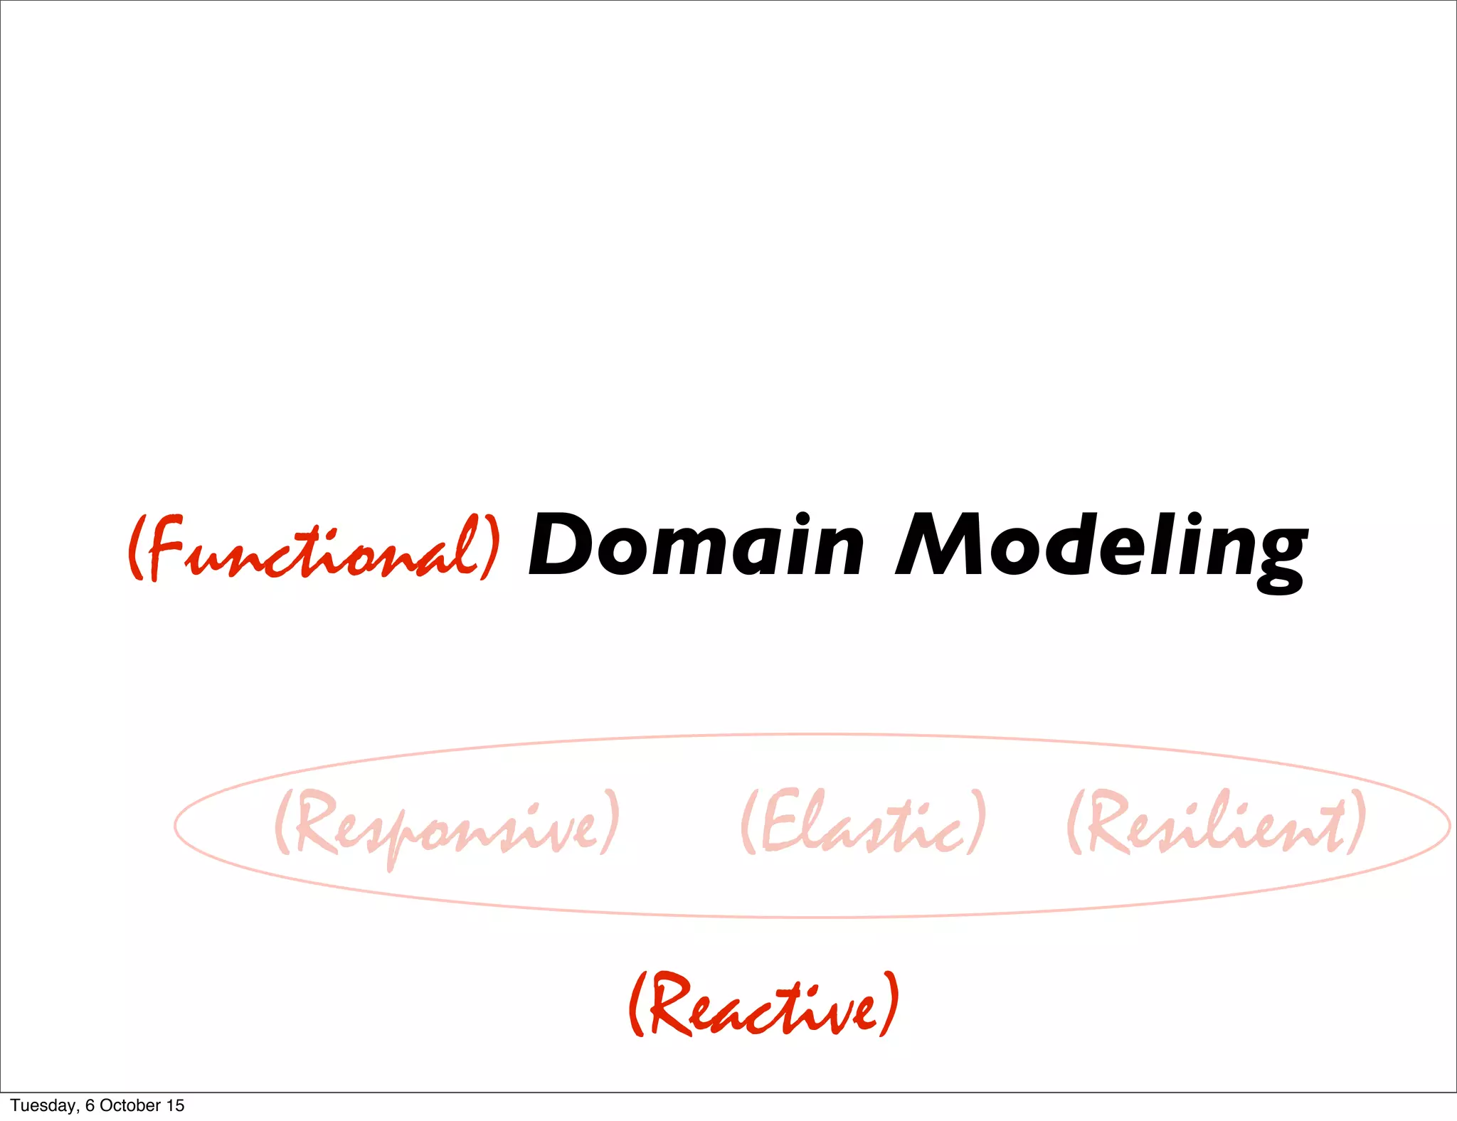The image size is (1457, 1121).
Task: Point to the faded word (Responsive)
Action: pos(447,825)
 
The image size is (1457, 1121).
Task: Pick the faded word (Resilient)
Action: pos(1217,824)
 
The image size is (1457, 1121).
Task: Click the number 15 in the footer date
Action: pos(175,1105)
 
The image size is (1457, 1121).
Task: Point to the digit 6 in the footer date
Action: pos(90,1105)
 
